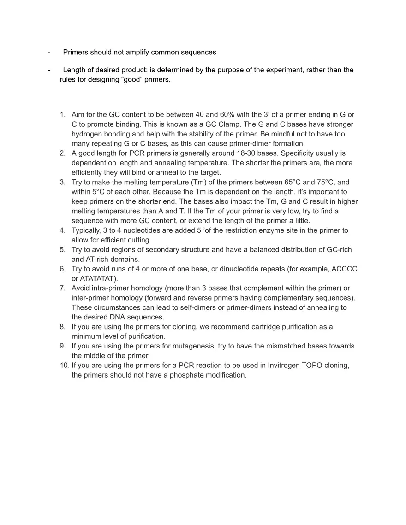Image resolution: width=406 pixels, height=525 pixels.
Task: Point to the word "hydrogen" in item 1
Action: coord(86,134)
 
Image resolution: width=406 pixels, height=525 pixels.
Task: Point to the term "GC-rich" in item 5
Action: coord(339,250)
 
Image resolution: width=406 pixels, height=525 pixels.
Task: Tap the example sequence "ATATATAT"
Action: coord(99,279)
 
